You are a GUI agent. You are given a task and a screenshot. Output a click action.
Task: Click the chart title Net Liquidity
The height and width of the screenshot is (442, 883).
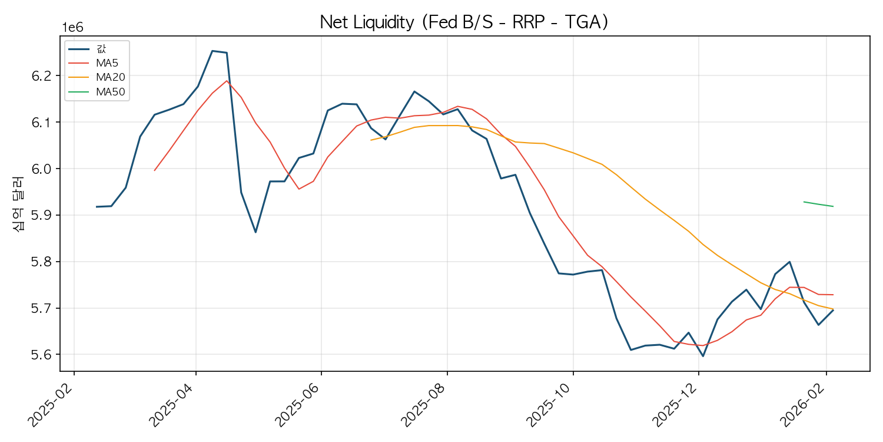(464, 22)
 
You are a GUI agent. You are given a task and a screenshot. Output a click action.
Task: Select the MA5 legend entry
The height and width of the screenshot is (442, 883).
(107, 63)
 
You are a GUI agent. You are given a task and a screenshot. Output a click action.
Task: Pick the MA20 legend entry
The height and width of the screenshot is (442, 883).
(109, 77)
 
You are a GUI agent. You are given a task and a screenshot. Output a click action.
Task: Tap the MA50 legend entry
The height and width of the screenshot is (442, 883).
(109, 91)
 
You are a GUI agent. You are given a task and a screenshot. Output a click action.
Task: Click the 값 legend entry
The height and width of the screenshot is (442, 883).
(101, 49)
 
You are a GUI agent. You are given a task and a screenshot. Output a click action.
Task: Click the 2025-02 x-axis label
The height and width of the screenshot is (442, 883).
(52, 404)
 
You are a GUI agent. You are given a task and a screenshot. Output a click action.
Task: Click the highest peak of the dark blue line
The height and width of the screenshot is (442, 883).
(212, 51)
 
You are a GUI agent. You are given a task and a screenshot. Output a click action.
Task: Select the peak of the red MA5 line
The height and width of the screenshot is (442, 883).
(227, 81)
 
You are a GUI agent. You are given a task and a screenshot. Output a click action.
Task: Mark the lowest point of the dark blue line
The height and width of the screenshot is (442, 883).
(703, 356)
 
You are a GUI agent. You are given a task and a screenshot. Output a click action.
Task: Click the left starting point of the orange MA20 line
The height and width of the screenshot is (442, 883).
(371, 140)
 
